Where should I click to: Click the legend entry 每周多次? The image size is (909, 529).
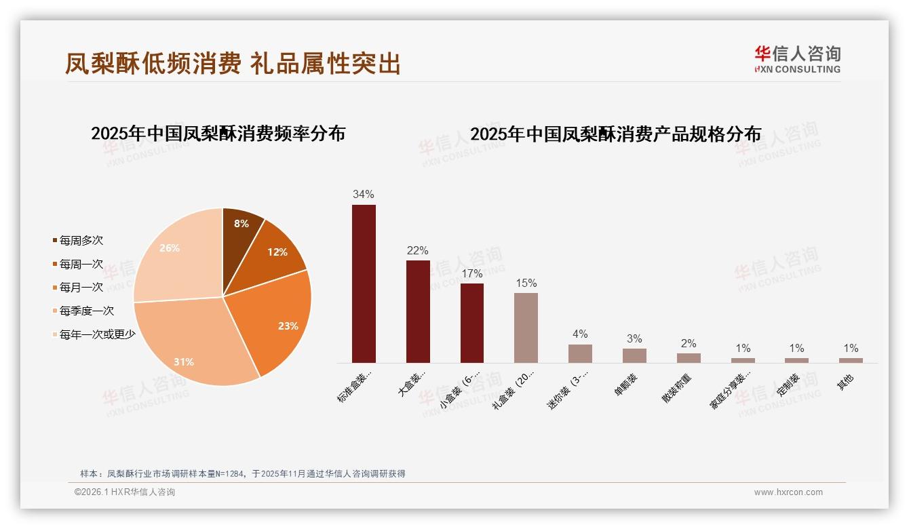click(81, 241)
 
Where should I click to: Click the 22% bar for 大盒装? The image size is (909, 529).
click(418, 311)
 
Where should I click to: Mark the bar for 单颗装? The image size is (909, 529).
click(634, 355)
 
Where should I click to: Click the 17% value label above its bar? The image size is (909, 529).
click(471, 274)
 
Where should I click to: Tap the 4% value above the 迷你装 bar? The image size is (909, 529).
click(580, 334)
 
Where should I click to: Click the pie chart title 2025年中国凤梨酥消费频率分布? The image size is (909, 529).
click(218, 134)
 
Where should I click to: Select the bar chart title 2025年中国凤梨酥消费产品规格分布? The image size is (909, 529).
click(615, 134)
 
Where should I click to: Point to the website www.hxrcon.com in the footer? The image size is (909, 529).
click(788, 492)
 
